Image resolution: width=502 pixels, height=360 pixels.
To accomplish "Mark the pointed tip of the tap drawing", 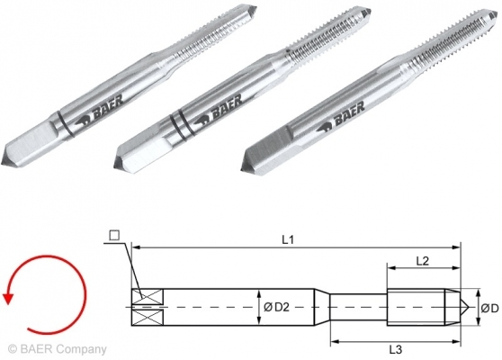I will pyautogui.click(x=463, y=308).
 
